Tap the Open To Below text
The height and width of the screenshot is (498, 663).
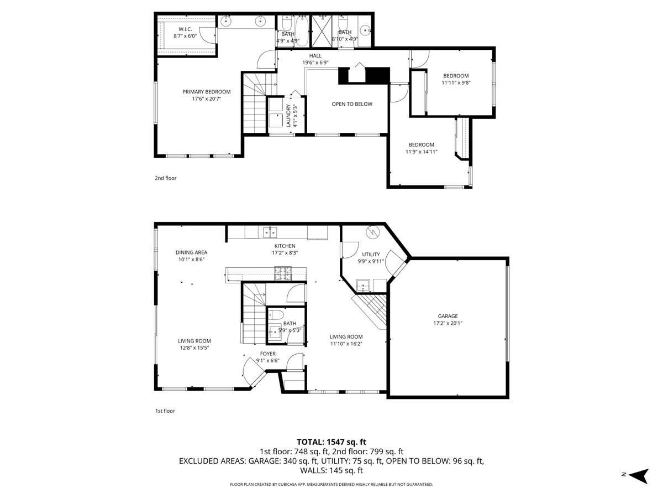coord(352,104)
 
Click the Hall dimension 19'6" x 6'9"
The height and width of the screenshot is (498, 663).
coord(315,63)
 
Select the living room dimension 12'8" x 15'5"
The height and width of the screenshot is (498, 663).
coord(194,347)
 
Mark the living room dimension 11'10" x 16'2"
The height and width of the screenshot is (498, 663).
coord(346,343)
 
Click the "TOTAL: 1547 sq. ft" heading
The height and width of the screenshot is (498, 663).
coord(331,442)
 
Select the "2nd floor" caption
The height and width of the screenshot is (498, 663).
coord(165,178)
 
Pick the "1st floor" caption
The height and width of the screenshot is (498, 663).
coord(165,411)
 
